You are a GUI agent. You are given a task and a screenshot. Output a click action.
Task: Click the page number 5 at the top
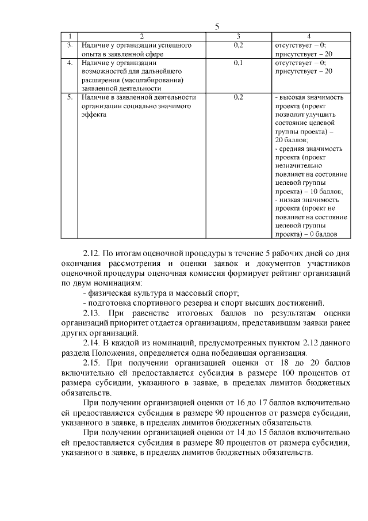coord(217,26)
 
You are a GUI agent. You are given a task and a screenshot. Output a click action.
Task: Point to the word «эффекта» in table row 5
coord(94,115)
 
